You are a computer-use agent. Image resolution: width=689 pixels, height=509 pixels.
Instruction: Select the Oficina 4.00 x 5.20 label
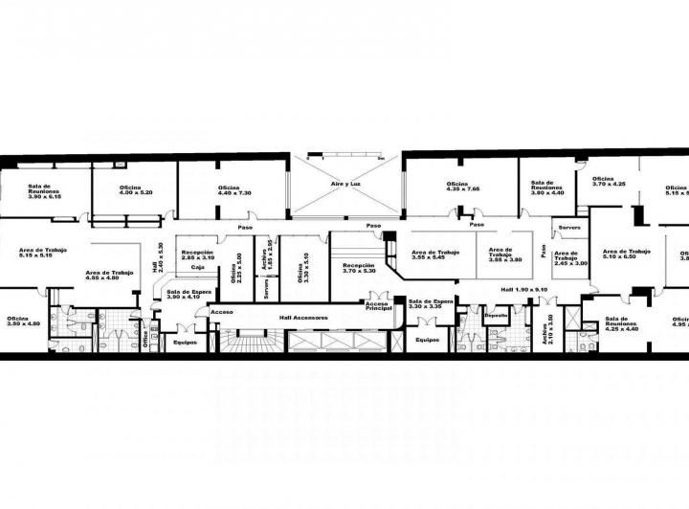click(134, 189)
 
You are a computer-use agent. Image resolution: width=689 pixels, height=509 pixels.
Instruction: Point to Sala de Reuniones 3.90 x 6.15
click(40, 189)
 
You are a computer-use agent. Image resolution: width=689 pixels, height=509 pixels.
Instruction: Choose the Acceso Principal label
click(378, 306)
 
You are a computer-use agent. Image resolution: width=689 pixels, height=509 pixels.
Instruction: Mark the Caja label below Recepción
click(197, 268)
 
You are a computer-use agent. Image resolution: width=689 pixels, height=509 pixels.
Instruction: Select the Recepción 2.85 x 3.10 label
click(198, 254)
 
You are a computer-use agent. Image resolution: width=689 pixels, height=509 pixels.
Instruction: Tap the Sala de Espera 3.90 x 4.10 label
click(182, 295)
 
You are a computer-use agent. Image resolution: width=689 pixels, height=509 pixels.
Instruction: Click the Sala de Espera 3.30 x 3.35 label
click(430, 305)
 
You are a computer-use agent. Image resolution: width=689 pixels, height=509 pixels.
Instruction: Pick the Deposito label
click(496, 315)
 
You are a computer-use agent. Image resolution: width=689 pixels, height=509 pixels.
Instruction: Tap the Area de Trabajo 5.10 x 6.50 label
click(627, 254)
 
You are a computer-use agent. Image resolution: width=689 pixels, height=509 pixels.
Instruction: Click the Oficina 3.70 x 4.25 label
click(609, 181)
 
